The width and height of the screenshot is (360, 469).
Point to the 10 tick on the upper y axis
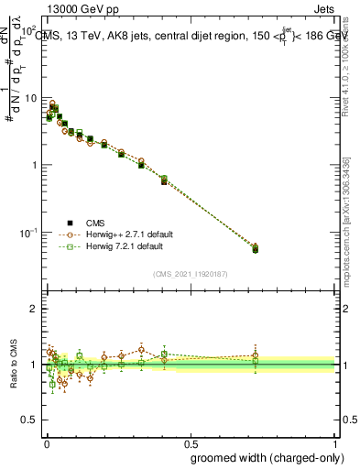tap(30, 98)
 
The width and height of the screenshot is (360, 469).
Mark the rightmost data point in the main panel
tap(255, 248)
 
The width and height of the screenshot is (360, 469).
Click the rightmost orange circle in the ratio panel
tap(255, 356)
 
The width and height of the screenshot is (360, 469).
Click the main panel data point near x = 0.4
tap(164, 181)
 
